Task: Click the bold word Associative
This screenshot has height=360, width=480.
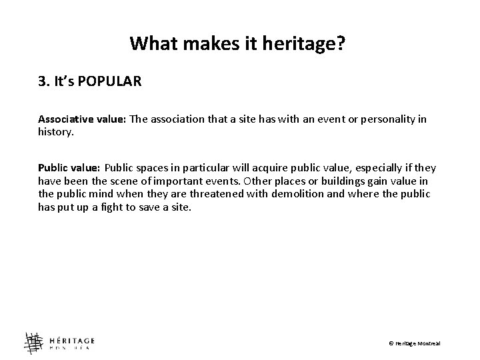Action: pyautogui.click(x=64, y=119)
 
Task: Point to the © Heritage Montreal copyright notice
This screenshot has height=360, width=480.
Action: pyautogui.click(x=415, y=343)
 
